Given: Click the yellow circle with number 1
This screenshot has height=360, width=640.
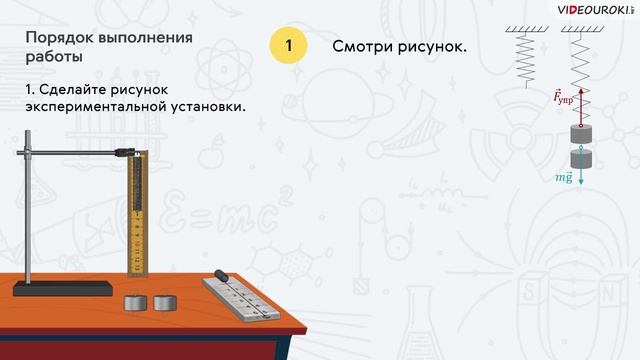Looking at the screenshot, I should [288, 46].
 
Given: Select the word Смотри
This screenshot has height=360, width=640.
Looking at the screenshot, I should [367, 46].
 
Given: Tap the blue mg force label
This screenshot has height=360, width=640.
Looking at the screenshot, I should [564, 177].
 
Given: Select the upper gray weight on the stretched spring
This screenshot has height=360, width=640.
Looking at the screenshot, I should [581, 134].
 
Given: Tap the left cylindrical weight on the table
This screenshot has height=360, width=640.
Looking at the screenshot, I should [135, 301].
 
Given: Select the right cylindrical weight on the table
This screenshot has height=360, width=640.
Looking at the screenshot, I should [162, 301].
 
